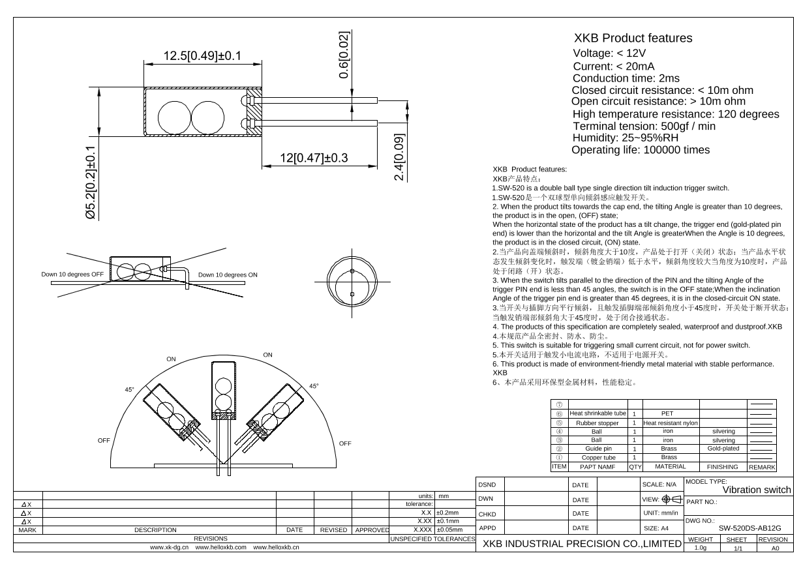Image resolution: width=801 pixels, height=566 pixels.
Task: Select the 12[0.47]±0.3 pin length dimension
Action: coord(314,158)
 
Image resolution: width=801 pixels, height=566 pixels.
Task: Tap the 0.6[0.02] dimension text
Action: coord(344,55)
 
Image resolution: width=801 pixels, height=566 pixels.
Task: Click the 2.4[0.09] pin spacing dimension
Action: coord(400,157)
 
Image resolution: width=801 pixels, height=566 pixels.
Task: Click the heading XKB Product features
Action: coord(632,38)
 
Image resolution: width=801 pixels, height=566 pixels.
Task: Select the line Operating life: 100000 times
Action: coord(640,150)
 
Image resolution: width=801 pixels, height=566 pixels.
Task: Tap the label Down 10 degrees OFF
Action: coord(72,275)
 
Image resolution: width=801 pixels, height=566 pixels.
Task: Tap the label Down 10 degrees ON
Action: coord(228,275)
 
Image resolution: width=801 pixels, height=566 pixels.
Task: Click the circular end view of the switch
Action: coord(352,283)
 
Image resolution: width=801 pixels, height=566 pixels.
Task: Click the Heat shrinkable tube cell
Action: coord(597,413)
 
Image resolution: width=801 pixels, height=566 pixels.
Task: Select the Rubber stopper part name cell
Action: coord(597,423)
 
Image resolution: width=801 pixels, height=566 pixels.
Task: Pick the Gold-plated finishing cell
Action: coord(723,449)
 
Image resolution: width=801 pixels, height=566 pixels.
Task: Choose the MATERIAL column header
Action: coord(671,467)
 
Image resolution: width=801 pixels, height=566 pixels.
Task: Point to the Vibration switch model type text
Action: coord(757,490)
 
